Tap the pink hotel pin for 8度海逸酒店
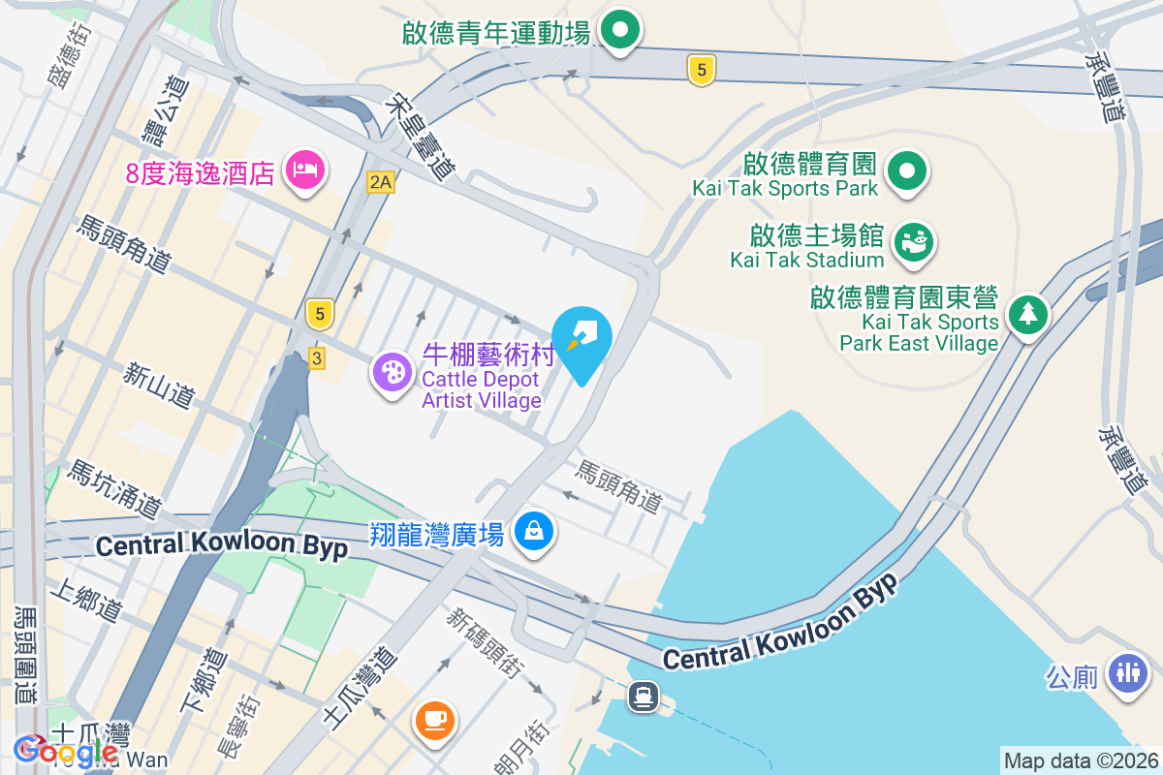(x=305, y=171)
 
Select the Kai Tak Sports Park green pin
(x=907, y=172)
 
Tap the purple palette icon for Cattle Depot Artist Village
(x=393, y=371)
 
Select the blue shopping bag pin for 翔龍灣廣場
(x=533, y=531)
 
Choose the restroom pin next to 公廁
(x=1128, y=670)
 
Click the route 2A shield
(x=380, y=181)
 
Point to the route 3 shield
(x=316, y=358)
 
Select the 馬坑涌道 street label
(x=113, y=488)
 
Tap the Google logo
(x=66, y=750)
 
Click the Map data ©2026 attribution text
(x=1081, y=760)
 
